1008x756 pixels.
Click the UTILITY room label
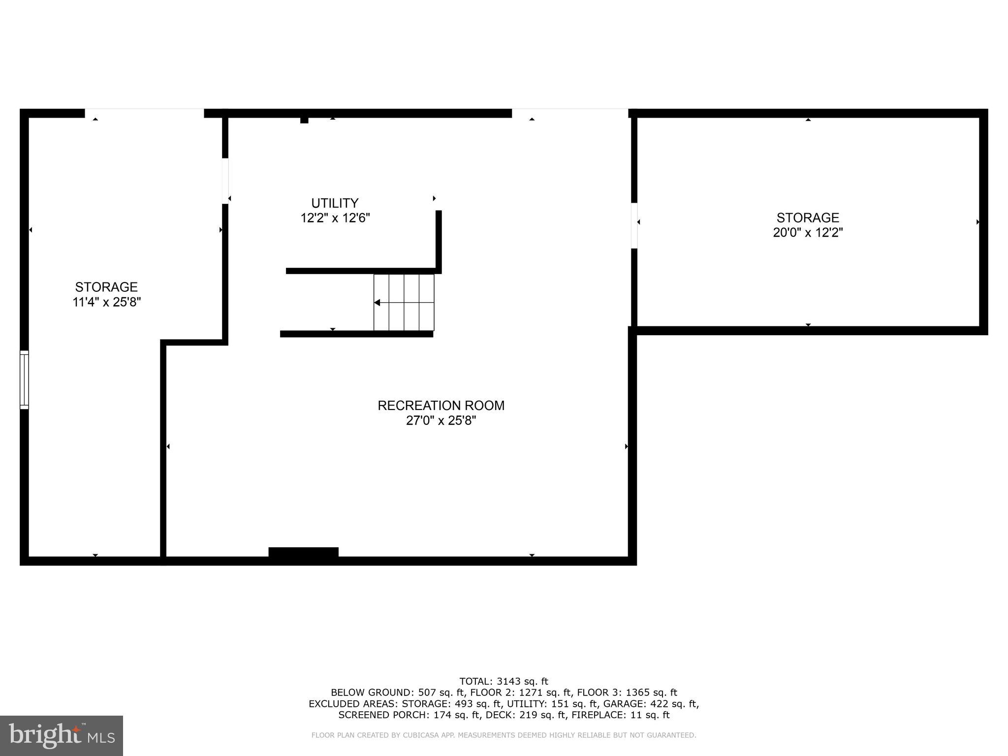pos(335,203)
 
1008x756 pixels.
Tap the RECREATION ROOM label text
pos(441,406)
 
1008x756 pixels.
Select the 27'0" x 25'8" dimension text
pos(441,421)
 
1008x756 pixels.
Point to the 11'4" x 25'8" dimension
pos(107,302)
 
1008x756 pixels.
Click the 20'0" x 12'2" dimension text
pos(808,233)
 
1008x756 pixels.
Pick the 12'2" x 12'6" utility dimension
pos(335,218)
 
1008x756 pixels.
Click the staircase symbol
pos(404,302)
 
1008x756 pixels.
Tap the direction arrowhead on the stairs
pos(377,303)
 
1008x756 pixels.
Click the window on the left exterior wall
pos(24,379)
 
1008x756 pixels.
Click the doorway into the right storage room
pos(634,225)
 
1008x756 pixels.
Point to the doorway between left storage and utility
pos(225,180)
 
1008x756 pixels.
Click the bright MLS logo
pos(62,735)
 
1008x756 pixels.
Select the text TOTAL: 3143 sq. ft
pos(504,681)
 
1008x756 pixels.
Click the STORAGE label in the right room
pos(808,218)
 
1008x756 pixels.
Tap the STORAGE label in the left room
pos(106,287)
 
